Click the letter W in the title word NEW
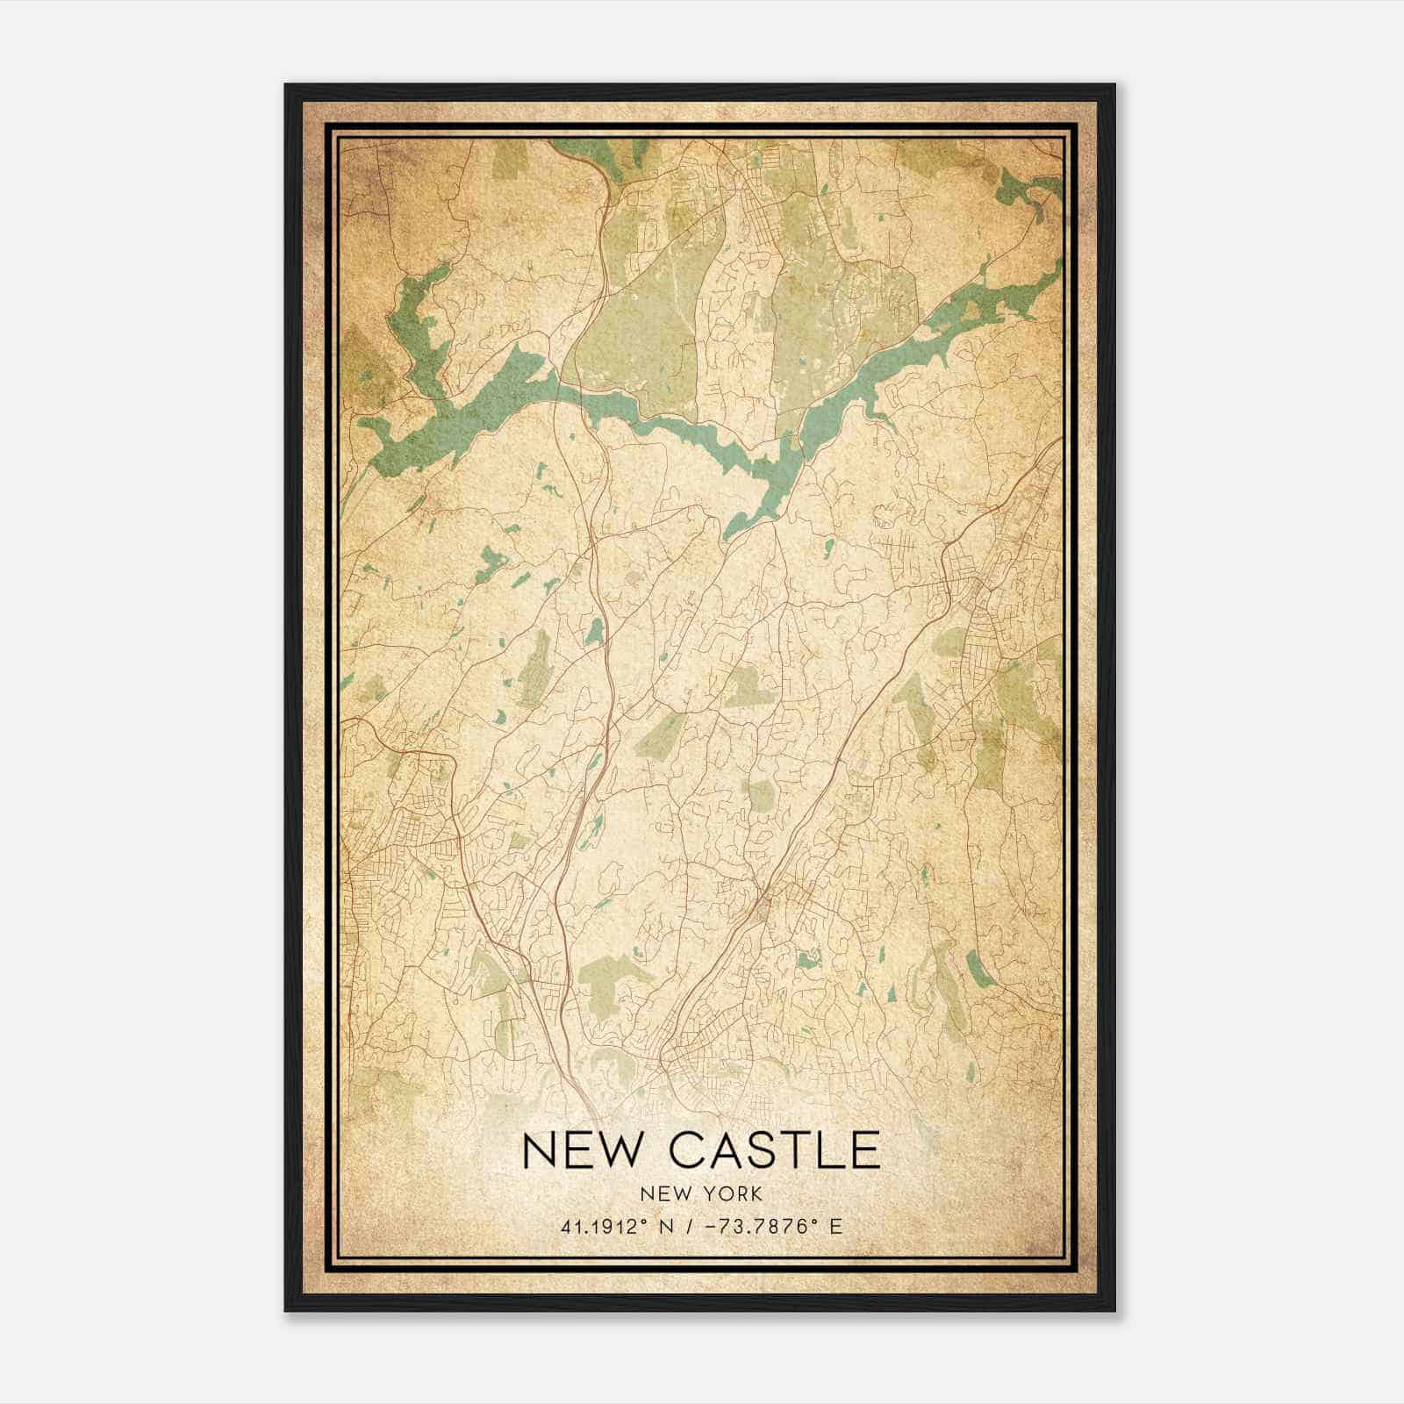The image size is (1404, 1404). click(622, 1150)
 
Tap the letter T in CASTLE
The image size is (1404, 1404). click(798, 1150)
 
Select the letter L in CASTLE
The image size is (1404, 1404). click(832, 1150)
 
